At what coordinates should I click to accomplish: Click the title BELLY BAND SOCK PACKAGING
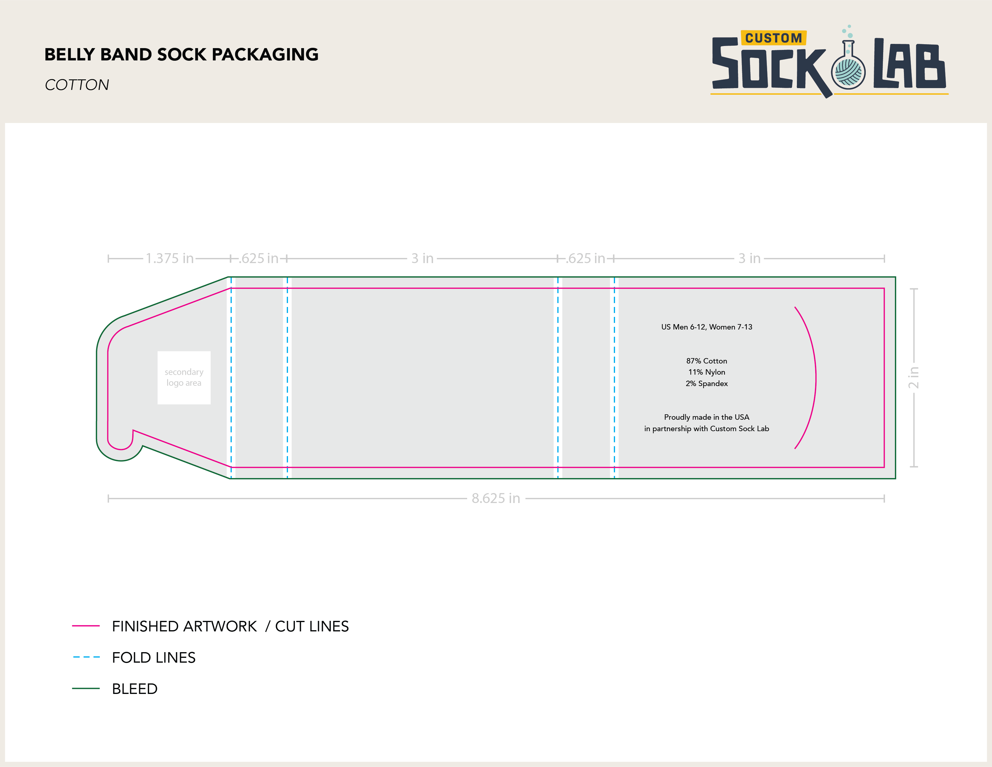(x=181, y=54)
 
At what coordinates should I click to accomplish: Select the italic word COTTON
(x=77, y=85)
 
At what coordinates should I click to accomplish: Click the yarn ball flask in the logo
(x=848, y=70)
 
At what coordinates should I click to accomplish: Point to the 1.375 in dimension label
(x=170, y=259)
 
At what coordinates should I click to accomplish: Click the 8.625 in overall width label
(x=495, y=499)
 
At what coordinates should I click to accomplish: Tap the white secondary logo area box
(x=184, y=378)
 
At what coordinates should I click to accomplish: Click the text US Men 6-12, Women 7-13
(x=706, y=327)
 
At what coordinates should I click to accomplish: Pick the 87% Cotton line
(x=706, y=361)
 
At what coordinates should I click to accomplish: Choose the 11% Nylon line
(x=706, y=372)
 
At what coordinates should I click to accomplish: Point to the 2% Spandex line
(x=706, y=384)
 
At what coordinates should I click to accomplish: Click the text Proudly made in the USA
(x=706, y=417)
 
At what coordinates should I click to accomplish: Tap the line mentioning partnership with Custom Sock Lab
(x=706, y=428)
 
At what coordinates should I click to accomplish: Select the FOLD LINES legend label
(x=154, y=658)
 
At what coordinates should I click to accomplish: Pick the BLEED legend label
(x=134, y=689)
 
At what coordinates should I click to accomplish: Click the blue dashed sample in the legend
(x=86, y=657)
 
